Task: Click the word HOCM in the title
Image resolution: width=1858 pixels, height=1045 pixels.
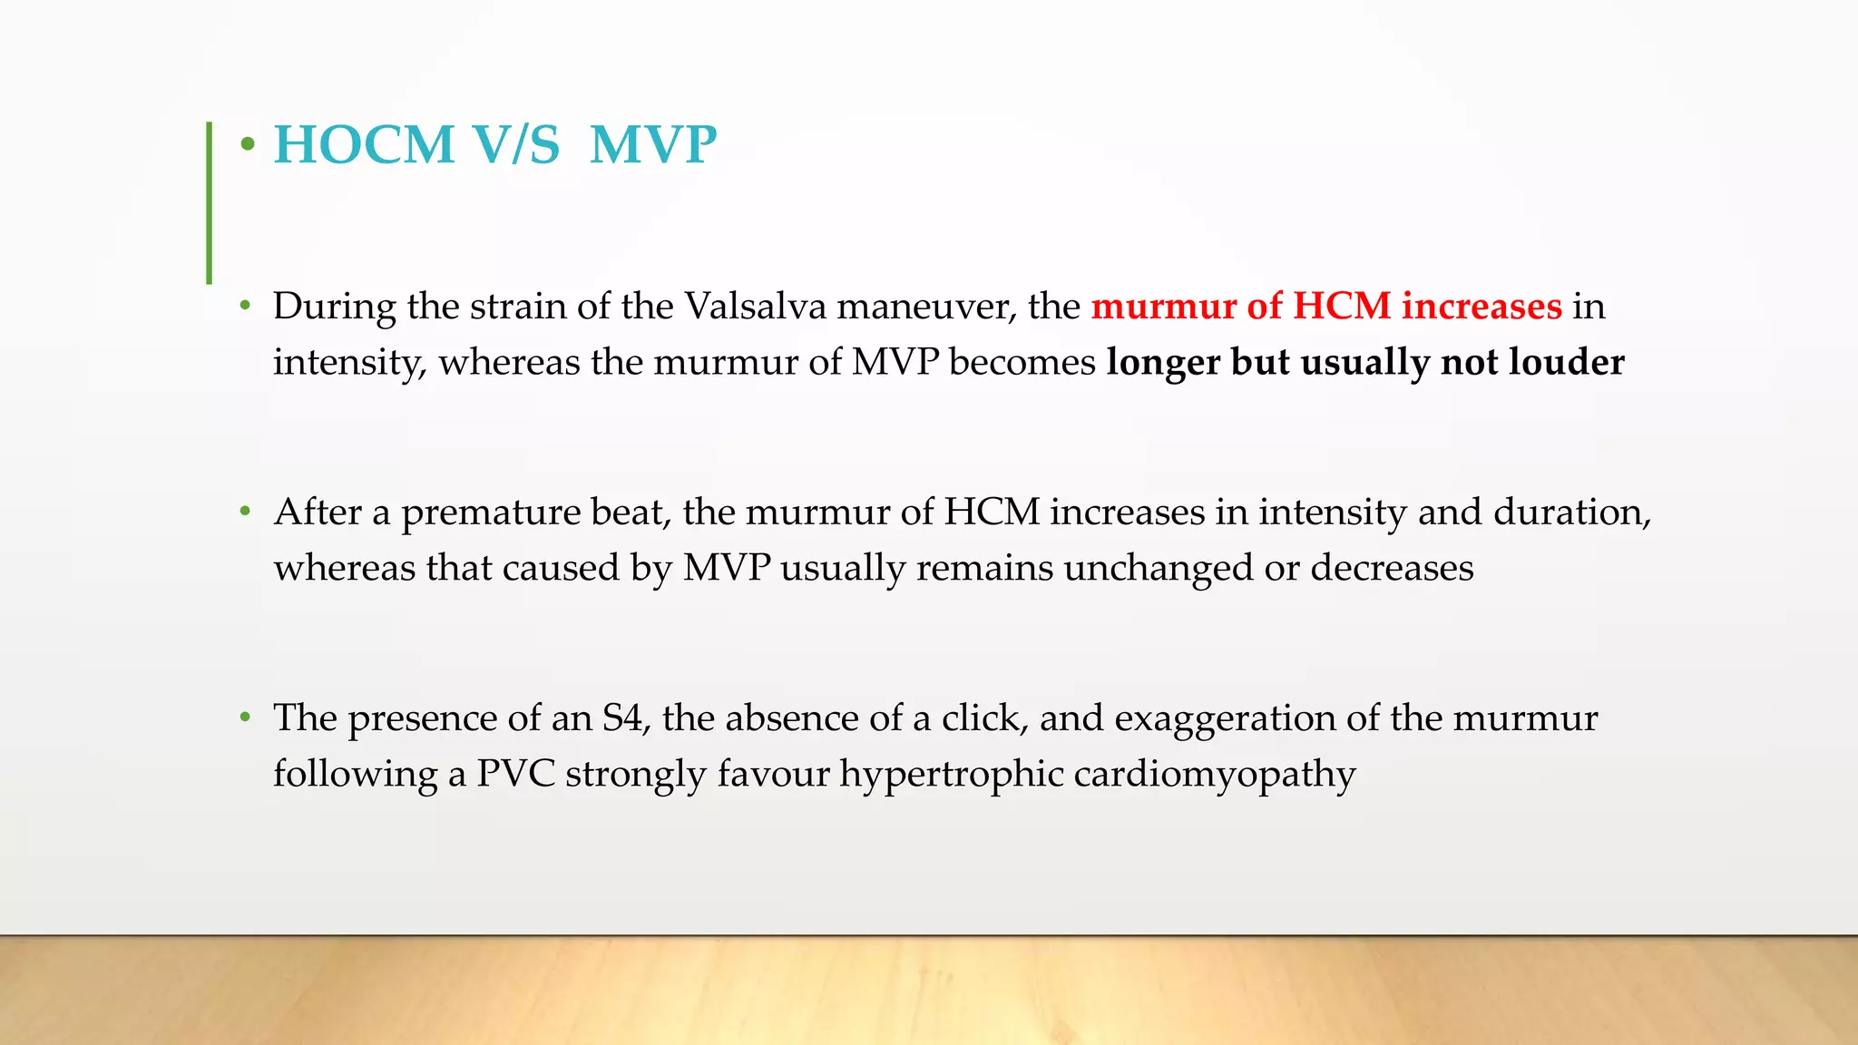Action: (x=364, y=145)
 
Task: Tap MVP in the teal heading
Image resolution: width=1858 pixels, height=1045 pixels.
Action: (x=652, y=145)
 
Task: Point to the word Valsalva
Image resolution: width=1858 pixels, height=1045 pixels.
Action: (x=755, y=307)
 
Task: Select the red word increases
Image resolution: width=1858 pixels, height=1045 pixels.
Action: (x=1482, y=307)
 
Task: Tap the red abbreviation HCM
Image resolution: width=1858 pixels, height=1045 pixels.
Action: (x=1341, y=307)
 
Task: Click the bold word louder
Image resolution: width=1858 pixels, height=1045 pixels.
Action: (x=1566, y=362)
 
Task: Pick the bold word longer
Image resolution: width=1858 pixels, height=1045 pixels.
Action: (x=1163, y=362)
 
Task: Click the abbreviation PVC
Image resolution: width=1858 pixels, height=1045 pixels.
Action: (x=515, y=774)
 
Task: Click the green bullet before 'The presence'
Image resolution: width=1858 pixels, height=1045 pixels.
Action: (x=244, y=718)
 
